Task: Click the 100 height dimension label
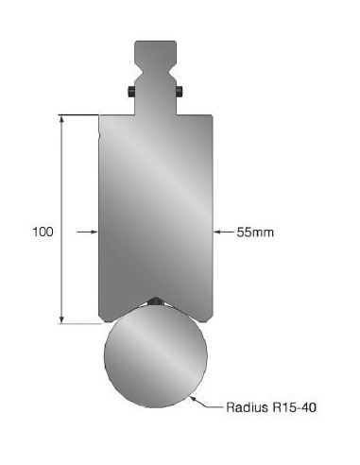pos(43,232)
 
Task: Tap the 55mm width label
pos(255,232)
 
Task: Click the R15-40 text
pos(295,407)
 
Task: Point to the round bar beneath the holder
pos(156,356)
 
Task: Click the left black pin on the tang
pos(131,92)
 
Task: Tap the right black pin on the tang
pos(180,92)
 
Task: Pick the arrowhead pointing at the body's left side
pos(94,232)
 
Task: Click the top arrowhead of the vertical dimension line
pos(62,119)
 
